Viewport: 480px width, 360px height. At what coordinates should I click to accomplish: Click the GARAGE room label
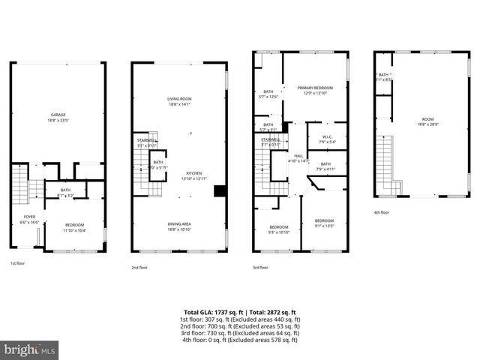[x=52, y=115]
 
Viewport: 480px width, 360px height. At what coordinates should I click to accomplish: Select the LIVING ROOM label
[x=180, y=99]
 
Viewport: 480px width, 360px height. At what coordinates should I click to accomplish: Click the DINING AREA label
[x=179, y=223]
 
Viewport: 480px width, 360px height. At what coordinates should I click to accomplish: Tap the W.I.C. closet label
[x=327, y=136]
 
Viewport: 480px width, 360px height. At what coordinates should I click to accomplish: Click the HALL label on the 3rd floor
[x=298, y=155]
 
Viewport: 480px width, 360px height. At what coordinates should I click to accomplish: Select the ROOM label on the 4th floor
[x=427, y=119]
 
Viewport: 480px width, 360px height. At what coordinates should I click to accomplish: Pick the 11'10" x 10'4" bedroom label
[x=73, y=225]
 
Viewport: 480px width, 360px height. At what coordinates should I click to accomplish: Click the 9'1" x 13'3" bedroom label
[x=324, y=220]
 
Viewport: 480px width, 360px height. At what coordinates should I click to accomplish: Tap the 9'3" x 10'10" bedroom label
[x=279, y=226]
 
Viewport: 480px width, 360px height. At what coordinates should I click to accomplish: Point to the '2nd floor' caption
[x=139, y=266]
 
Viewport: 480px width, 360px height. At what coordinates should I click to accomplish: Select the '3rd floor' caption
[x=260, y=266]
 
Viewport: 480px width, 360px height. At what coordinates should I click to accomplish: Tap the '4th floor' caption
[x=381, y=212]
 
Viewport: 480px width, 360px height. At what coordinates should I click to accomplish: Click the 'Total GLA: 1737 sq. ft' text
[x=211, y=312]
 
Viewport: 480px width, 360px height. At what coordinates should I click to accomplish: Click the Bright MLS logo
[x=30, y=349]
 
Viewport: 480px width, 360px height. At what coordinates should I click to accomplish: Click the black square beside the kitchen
[x=220, y=190]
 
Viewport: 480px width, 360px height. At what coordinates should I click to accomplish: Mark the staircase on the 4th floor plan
[x=385, y=161]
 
